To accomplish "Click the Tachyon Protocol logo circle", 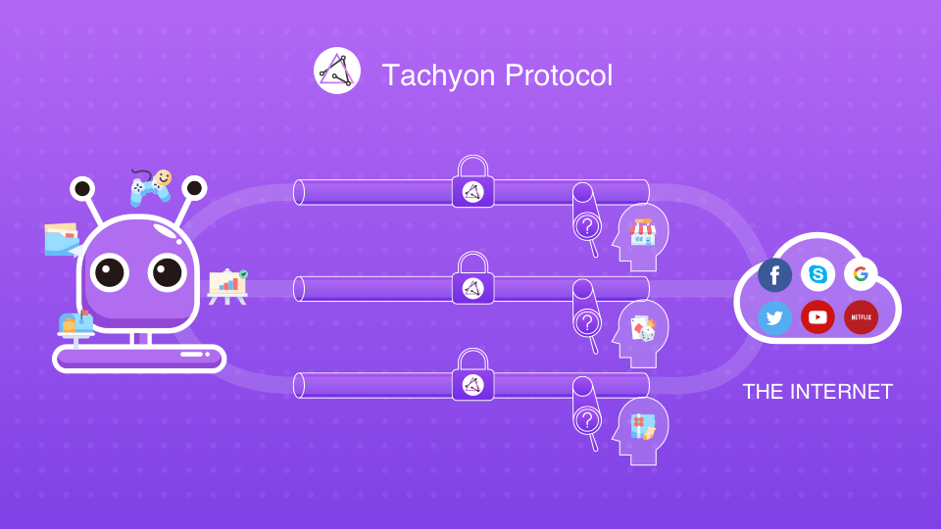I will (337, 72).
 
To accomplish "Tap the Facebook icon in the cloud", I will (774, 275).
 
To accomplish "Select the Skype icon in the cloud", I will (817, 274).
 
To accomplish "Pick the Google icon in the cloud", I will (861, 274).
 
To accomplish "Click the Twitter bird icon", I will (774, 317).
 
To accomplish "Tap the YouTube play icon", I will (817, 317).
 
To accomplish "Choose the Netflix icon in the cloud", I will (861, 317).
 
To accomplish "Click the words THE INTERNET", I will (817, 392).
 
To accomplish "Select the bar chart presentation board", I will (228, 286).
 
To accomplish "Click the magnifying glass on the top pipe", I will (587, 227).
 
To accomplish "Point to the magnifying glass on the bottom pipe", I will (587, 421).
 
